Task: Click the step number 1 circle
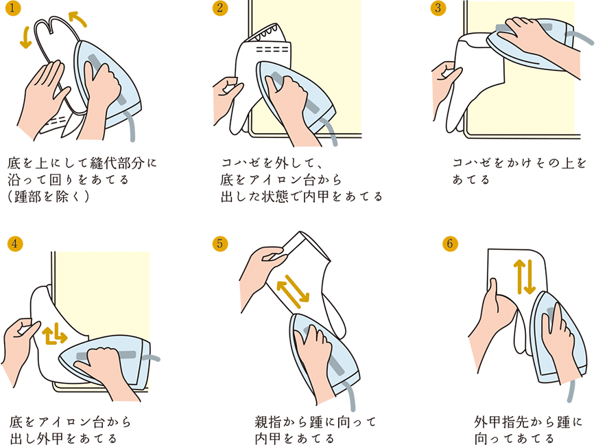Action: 13,8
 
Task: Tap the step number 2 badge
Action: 220,8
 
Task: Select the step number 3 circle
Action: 438,8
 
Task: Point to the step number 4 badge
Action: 15,243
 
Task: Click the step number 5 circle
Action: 220,243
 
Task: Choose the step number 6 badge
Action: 451,243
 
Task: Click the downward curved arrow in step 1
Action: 25,38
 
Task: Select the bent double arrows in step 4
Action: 54,334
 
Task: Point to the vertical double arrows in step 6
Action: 525,277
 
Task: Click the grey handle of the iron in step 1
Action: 107,80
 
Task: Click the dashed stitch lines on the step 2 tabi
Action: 272,49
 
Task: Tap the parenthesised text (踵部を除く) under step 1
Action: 48,196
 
